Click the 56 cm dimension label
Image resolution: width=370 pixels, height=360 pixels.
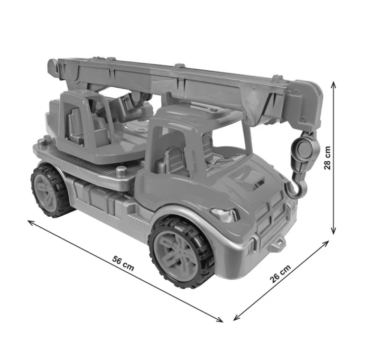point(123,263)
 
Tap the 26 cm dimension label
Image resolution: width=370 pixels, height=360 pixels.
point(280,274)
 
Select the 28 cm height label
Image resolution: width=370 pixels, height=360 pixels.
point(327,158)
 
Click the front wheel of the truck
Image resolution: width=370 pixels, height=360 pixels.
point(181,252)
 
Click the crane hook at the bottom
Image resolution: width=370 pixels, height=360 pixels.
point(297,188)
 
